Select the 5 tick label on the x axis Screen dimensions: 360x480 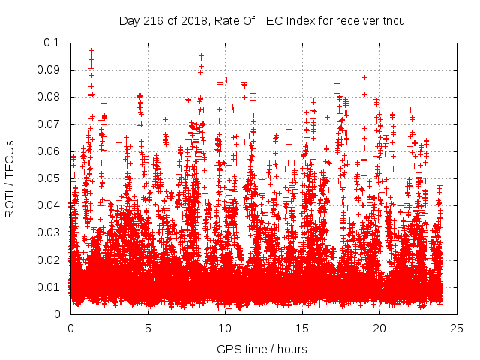point(148,328)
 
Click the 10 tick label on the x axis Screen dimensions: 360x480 point(225,328)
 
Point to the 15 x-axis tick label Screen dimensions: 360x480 point(302,328)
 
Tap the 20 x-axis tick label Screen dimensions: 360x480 point(379,328)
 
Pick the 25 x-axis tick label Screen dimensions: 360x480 point(457,328)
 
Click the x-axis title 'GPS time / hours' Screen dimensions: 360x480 point(262,349)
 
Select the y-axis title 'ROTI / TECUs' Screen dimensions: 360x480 point(10,178)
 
